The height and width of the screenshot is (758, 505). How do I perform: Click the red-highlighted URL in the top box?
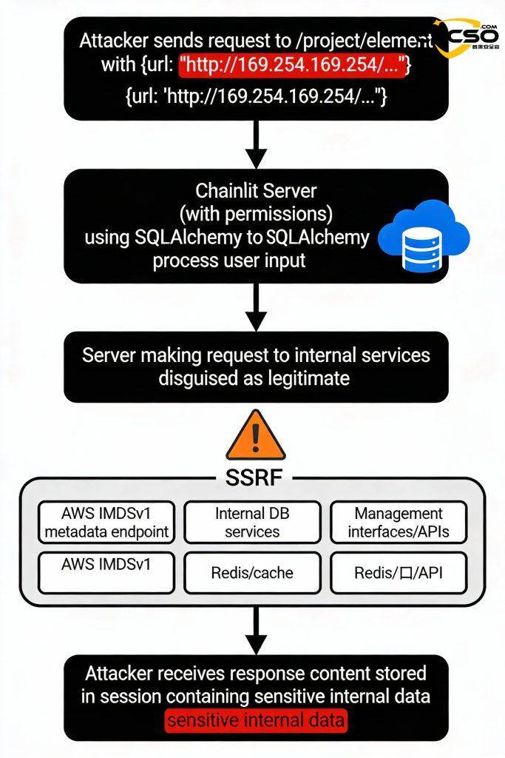coord(293,65)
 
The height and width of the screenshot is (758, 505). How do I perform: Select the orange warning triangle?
coord(254,438)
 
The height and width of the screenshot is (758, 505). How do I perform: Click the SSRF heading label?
coord(253,477)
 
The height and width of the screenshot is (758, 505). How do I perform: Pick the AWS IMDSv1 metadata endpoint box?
coord(106,523)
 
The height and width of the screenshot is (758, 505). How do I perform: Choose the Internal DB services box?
coord(252,523)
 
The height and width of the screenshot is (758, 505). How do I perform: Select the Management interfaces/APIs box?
coord(398,523)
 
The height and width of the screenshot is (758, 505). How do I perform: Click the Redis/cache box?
coord(252,572)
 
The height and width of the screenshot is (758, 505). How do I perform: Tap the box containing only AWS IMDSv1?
coord(106,571)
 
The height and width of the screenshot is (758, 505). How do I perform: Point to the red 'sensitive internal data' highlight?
coord(256,720)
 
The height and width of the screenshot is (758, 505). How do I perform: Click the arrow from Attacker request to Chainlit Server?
coord(255,144)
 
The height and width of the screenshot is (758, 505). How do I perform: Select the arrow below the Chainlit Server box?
coord(255,308)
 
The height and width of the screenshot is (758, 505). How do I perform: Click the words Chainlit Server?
coord(256,191)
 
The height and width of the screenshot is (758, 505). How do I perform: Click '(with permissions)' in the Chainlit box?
coord(256,215)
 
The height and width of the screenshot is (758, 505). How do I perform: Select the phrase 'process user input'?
coord(229,261)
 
